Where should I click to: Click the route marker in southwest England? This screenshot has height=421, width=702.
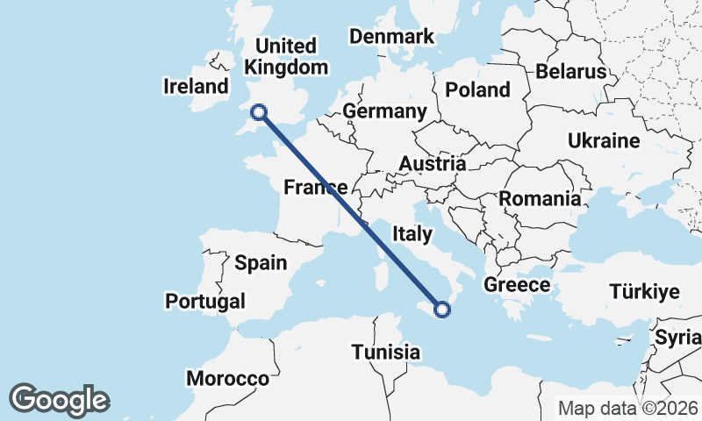[259, 111]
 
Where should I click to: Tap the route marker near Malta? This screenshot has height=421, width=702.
[442, 309]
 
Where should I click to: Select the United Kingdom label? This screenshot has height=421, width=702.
[287, 56]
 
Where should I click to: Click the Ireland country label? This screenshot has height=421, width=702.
[196, 86]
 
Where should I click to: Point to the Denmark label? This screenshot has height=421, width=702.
[392, 36]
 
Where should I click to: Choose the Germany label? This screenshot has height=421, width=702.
[384, 111]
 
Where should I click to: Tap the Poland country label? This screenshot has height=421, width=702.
[477, 89]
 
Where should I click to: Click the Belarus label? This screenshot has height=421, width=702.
[571, 71]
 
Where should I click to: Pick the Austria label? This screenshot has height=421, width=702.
[432, 163]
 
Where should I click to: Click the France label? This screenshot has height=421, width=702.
[315, 186]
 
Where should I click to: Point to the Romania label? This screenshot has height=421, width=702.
[541, 199]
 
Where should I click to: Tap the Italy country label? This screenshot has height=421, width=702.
[412, 233]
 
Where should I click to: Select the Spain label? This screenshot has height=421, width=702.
[261, 262]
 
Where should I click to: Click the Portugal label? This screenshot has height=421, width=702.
[205, 301]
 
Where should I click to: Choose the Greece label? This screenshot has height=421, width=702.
[517, 285]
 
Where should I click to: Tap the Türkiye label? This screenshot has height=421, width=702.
[645, 292]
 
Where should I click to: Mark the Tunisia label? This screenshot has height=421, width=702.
[385, 352]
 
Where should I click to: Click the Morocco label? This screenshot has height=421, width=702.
[227, 379]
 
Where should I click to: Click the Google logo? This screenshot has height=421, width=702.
[60, 400]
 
